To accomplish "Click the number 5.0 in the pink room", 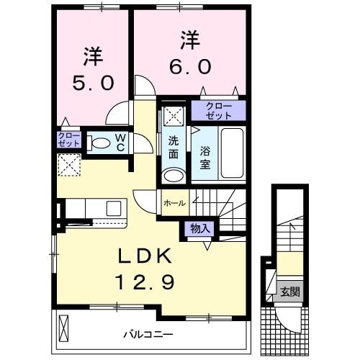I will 92,83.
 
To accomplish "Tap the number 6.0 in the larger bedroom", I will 189,66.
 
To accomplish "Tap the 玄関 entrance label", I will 291,292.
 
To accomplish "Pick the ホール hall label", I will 174,204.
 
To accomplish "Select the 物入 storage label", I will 199,229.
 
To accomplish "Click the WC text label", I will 120,143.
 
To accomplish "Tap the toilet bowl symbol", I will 100,143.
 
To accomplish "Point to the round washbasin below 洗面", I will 172,176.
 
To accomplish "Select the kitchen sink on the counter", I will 114,208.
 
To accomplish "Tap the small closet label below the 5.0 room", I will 69,139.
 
